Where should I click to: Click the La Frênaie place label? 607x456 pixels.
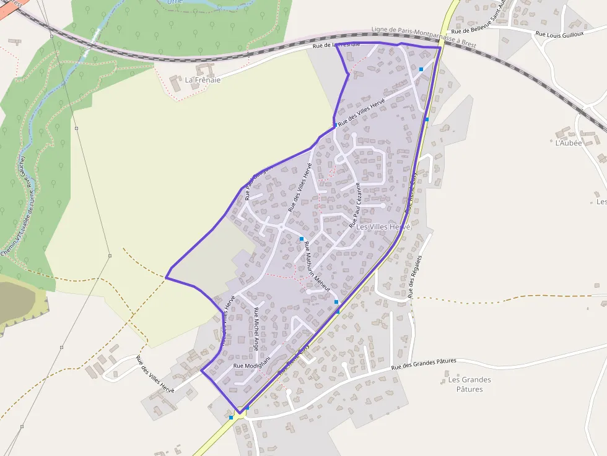[203, 80]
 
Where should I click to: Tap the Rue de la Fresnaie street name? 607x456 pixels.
[336, 45]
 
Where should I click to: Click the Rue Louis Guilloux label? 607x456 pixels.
[561, 35]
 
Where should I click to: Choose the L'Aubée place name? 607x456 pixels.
[569, 142]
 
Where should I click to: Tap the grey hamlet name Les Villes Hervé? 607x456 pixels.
[383, 227]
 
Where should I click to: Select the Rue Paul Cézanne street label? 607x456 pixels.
[354, 209]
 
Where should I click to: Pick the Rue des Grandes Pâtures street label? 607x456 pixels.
[424, 364]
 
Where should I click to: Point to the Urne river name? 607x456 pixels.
[178, 2]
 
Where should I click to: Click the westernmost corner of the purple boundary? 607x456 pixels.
[166, 278]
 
